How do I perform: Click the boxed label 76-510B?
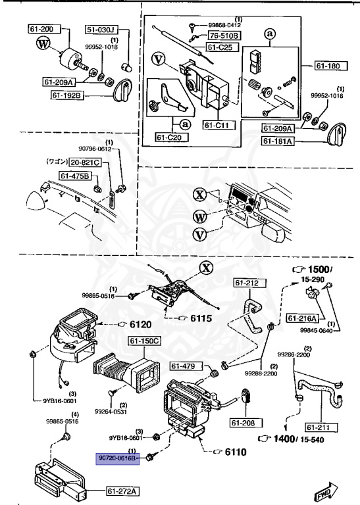coord(224,36)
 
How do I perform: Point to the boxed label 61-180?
coord(329,66)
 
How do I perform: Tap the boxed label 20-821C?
coord(86,162)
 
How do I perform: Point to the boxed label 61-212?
coord(247,284)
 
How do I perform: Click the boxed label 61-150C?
coord(145,341)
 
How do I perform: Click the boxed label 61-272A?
coord(122,491)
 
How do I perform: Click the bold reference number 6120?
coord(139,325)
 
